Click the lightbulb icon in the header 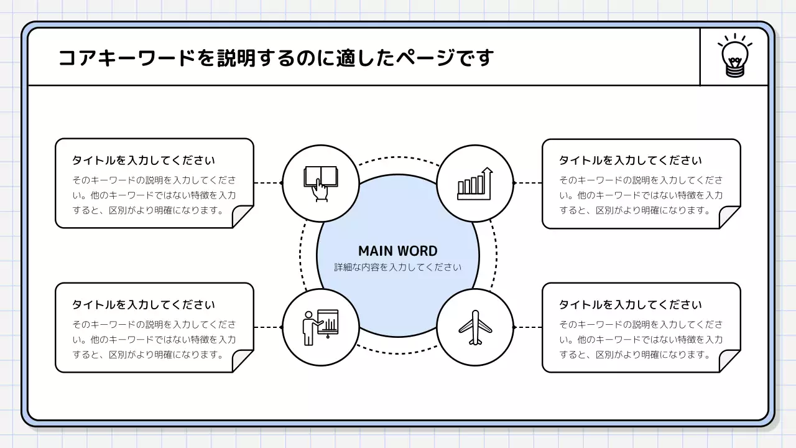(x=734, y=57)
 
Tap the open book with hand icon (x=320, y=183)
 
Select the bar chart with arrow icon (x=475, y=184)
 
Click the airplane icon (x=475, y=327)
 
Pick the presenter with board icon (x=320, y=327)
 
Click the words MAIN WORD (x=398, y=251)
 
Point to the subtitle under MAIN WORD (x=398, y=268)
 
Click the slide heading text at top (x=276, y=58)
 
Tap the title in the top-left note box (x=144, y=161)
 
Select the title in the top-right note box (x=631, y=161)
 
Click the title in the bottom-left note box (x=144, y=305)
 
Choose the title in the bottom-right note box (x=631, y=305)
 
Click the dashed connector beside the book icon (x=268, y=183)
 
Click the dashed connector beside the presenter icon (x=268, y=327)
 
